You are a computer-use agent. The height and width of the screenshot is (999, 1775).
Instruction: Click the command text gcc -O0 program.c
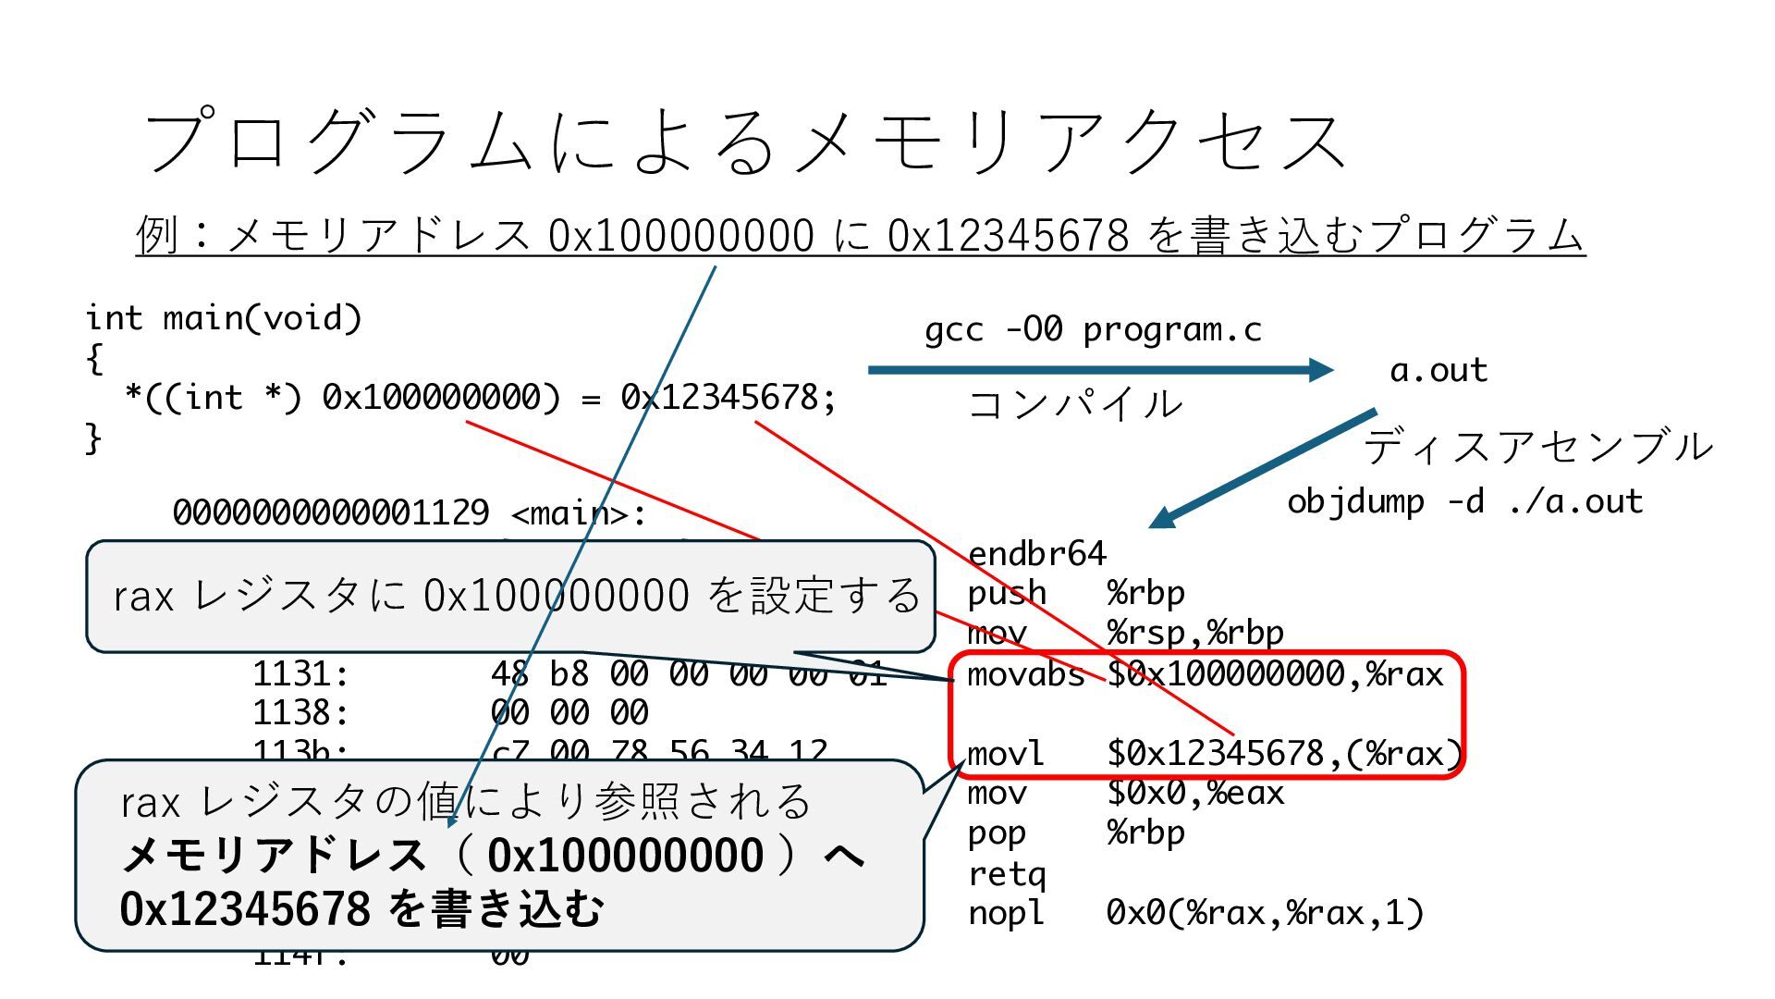coord(1093,329)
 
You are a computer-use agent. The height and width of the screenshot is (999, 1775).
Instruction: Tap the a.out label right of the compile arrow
coord(1438,370)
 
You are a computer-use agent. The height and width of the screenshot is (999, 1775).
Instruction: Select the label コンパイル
coord(1074,404)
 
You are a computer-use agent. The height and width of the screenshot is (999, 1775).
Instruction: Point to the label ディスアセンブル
coord(1537,447)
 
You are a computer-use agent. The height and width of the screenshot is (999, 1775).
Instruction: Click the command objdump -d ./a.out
coord(1464,501)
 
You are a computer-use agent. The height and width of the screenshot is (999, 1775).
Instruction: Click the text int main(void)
coord(223,318)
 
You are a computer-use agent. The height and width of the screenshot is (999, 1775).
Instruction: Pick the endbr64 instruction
coord(1036,553)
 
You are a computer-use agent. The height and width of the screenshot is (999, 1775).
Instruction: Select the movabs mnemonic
coord(1025,674)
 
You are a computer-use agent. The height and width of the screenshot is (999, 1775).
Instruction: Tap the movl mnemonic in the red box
coord(1005,754)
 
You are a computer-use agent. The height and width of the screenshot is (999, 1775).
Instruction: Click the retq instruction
coord(1006,873)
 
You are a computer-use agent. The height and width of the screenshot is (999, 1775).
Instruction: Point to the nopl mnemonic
coord(1005,913)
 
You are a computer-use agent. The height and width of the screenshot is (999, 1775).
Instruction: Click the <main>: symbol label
coord(579,512)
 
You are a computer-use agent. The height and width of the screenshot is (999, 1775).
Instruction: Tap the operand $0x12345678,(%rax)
coord(1284,754)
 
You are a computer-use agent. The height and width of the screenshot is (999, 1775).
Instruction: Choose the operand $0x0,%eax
coord(1195,793)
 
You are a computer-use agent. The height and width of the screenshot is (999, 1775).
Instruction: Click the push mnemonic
coord(1006,593)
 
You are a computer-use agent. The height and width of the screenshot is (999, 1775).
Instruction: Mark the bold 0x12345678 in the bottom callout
coord(245,908)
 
